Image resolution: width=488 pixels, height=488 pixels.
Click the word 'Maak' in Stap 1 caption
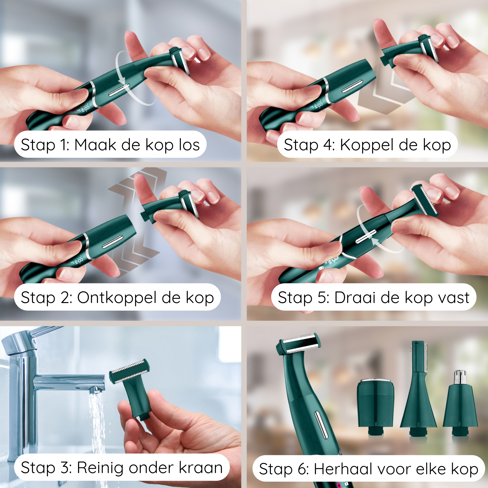point(95,145)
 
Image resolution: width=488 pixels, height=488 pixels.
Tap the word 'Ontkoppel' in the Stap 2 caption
point(117,297)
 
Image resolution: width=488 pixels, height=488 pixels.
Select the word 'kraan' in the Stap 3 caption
point(201,468)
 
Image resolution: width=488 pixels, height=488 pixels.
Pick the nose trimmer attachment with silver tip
point(460,404)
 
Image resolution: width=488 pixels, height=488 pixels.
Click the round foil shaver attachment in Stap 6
point(375,402)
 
